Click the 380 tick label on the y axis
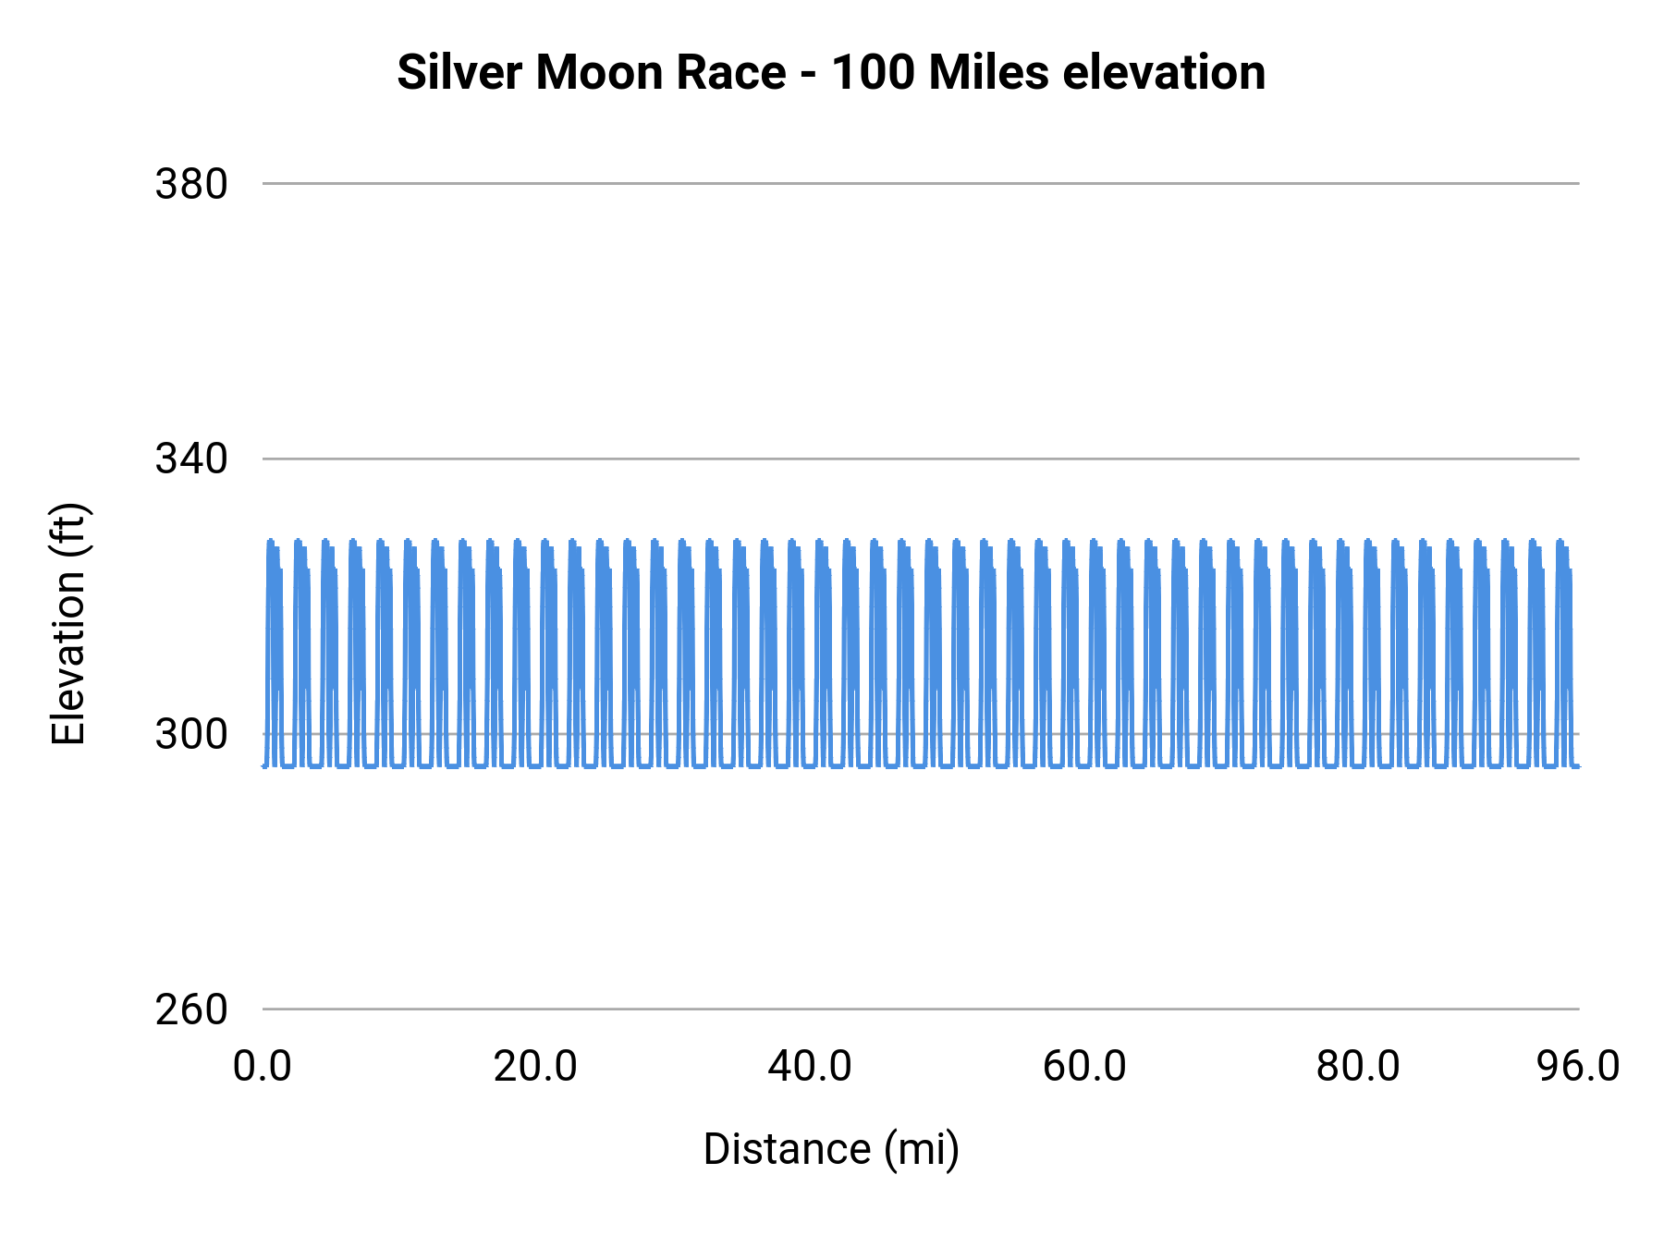pos(191,184)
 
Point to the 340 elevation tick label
pos(191,459)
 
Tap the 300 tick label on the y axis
pos(191,734)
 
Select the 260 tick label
pos(191,1009)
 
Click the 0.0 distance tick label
pos(263,1067)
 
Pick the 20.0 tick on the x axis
pos(535,1067)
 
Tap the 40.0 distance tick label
pos(810,1067)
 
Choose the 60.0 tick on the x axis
pos(1084,1067)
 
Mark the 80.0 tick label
pos(1358,1067)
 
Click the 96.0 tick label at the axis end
pos(1578,1067)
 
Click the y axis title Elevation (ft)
pos(68,624)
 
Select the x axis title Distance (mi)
pos(831,1149)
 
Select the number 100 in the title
pos(873,72)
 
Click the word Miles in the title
pos(988,72)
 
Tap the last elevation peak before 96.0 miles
pos(1560,542)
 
